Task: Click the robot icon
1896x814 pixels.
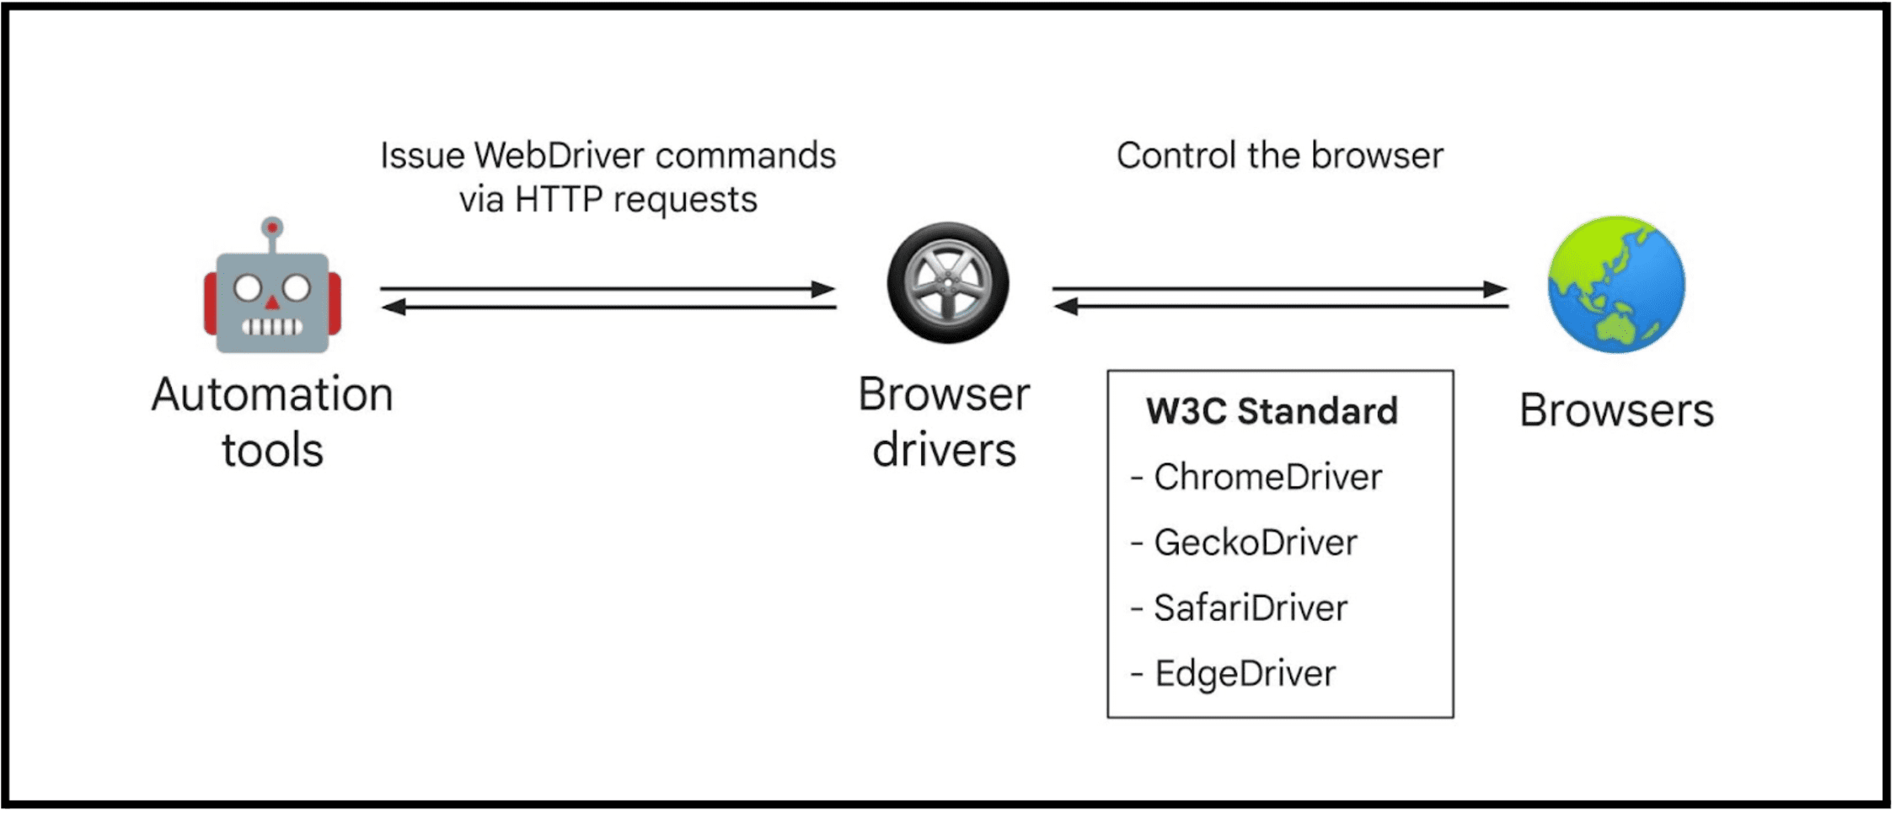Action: coord(272,291)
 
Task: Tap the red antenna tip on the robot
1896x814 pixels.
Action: coord(272,228)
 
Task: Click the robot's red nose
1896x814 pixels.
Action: coord(272,302)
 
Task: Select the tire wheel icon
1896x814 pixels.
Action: coord(947,283)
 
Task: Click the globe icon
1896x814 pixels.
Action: coord(1615,285)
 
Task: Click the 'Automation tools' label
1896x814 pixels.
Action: coord(272,421)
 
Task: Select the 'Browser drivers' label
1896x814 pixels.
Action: coord(944,421)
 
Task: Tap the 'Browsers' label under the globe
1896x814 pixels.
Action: coord(1615,411)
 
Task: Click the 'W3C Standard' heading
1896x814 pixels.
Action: coord(1272,411)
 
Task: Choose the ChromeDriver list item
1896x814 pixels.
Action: coord(1267,477)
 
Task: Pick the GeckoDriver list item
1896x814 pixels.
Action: coord(1255,543)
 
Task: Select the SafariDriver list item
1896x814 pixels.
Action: coord(1250,608)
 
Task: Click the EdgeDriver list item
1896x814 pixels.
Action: coord(1245,674)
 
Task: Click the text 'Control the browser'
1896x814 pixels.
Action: coord(1279,156)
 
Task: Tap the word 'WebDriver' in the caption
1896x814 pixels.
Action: coord(559,156)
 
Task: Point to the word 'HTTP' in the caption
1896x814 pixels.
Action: coord(558,201)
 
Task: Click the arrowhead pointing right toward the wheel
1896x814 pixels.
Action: coord(824,289)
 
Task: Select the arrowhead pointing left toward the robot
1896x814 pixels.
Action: coord(394,308)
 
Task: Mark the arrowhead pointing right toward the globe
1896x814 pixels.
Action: coord(1496,289)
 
